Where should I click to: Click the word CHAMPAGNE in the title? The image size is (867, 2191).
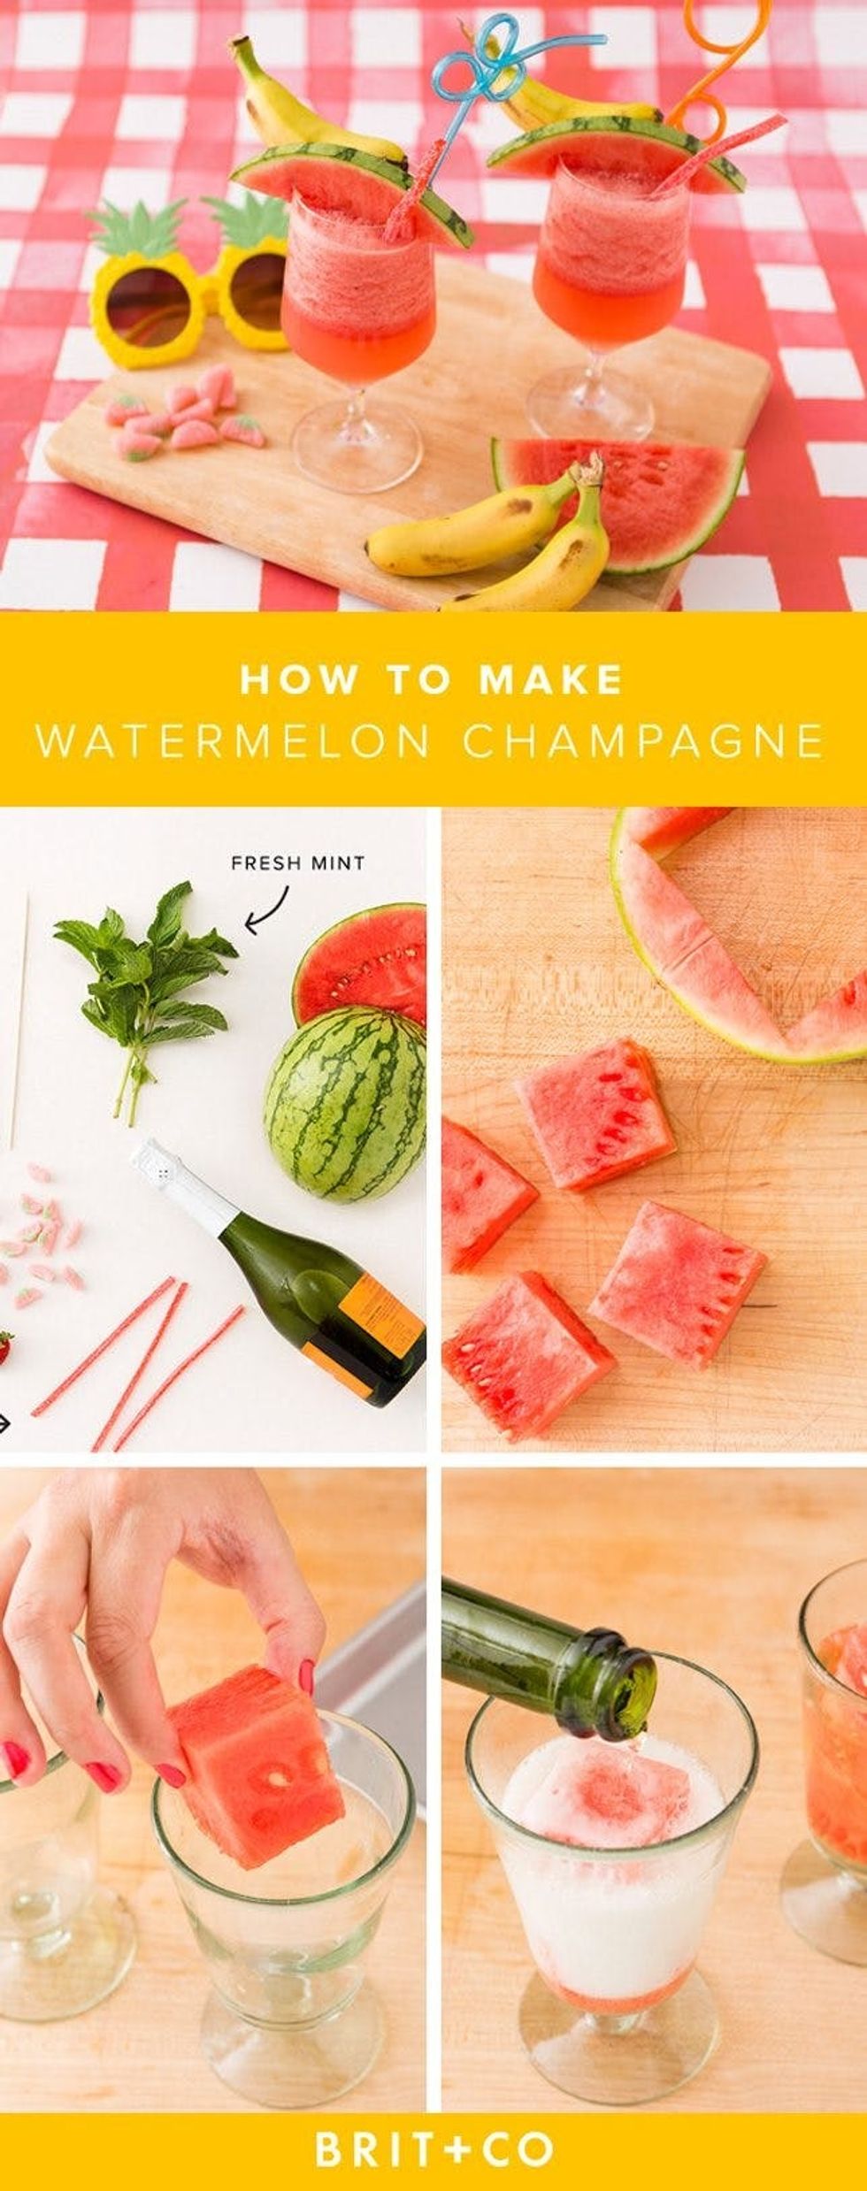click(x=643, y=741)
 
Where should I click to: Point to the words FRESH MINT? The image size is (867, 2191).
click(x=297, y=862)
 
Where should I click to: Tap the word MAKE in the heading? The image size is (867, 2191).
click(x=550, y=680)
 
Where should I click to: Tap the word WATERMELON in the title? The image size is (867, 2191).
click(x=233, y=741)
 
